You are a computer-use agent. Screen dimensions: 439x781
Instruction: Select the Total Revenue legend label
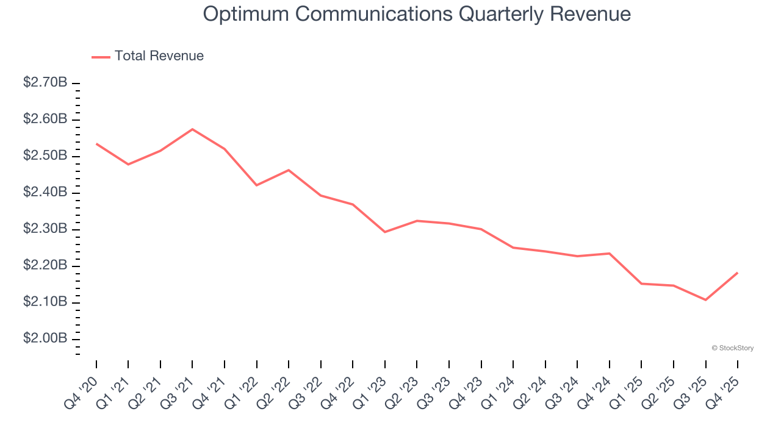pyautogui.click(x=159, y=56)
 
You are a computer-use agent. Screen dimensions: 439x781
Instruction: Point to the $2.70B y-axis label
pyautogui.click(x=45, y=82)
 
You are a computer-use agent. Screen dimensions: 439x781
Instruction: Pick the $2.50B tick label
pyautogui.click(x=45, y=155)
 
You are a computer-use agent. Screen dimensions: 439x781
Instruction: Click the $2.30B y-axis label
pyautogui.click(x=45, y=229)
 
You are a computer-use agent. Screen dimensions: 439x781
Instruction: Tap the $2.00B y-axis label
pyautogui.click(x=45, y=338)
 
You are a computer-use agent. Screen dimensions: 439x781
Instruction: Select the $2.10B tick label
pyautogui.click(x=45, y=302)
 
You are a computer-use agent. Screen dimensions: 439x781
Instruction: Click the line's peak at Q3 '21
pyautogui.click(x=192, y=129)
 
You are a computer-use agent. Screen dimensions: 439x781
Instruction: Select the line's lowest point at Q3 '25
pyautogui.click(x=705, y=300)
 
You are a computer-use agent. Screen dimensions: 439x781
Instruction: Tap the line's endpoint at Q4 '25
pyautogui.click(x=737, y=273)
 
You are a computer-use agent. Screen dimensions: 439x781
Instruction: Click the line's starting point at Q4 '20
pyautogui.click(x=96, y=144)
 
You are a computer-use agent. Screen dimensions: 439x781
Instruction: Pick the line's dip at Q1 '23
pyautogui.click(x=384, y=232)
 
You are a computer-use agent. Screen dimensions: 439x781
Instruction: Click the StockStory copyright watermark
pyautogui.click(x=732, y=348)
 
